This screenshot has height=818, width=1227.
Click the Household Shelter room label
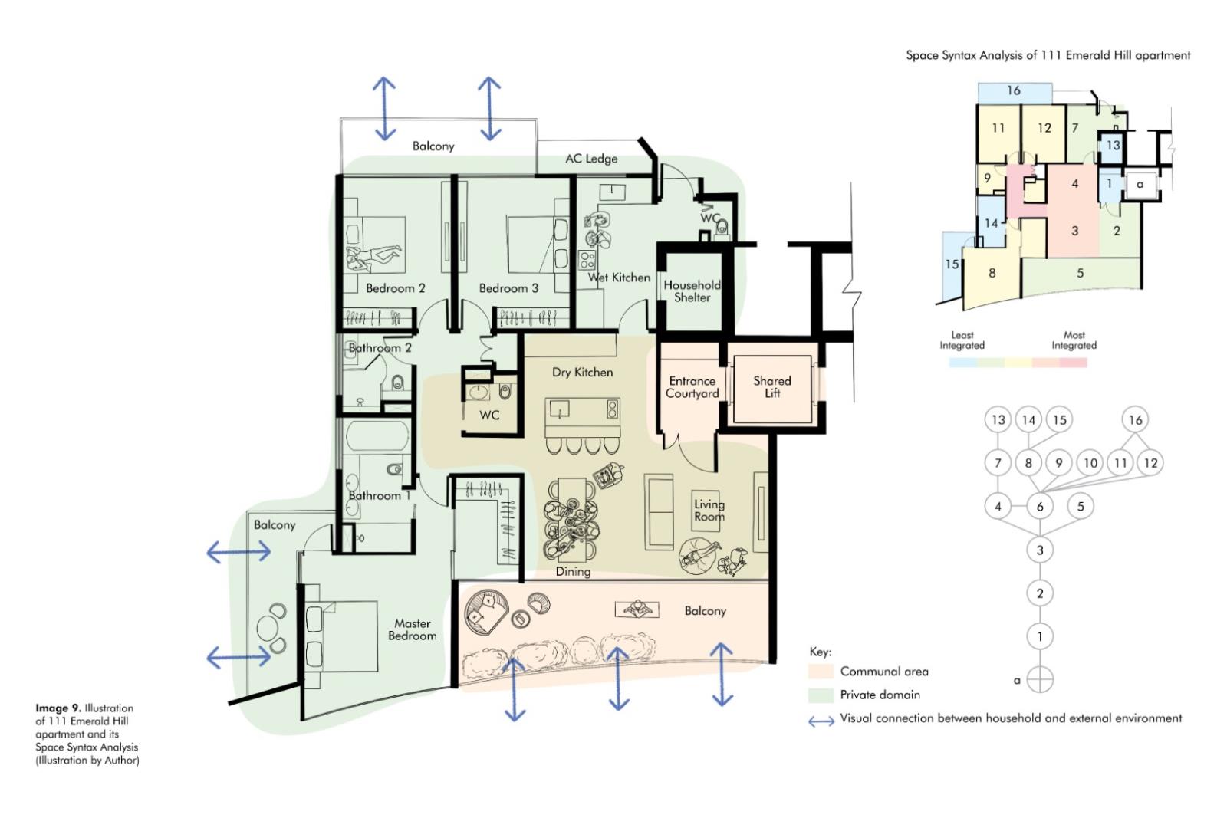pyautogui.click(x=692, y=291)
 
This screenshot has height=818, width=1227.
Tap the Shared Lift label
pyautogui.click(x=771, y=386)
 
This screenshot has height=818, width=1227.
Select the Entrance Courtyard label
pyautogui.click(x=692, y=386)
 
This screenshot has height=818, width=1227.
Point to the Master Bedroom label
pyautogui.click(x=413, y=629)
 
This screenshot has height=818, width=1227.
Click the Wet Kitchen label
pyautogui.click(x=619, y=278)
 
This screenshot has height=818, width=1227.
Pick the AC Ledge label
pyautogui.click(x=591, y=159)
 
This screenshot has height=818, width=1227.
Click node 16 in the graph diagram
pyautogui.click(x=1135, y=420)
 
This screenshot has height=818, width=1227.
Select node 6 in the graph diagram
pyautogui.click(x=1040, y=507)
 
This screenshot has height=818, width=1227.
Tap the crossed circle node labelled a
pyautogui.click(x=1040, y=680)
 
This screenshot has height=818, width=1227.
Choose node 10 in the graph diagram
pyautogui.click(x=1090, y=463)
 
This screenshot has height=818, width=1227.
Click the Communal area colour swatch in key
pyautogui.click(x=821, y=672)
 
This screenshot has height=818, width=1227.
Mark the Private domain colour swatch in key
pyautogui.click(x=821, y=695)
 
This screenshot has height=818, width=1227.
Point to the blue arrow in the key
pyautogui.click(x=821, y=721)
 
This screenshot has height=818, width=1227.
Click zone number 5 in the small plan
pyautogui.click(x=1080, y=273)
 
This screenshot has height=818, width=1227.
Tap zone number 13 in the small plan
pyautogui.click(x=1113, y=145)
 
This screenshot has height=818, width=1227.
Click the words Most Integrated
pyautogui.click(x=1074, y=340)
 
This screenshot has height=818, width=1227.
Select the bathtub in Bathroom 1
pyautogui.click(x=377, y=436)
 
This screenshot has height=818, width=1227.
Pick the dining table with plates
pyautogui.click(x=571, y=519)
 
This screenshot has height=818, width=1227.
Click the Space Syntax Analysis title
pyautogui.click(x=1048, y=55)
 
